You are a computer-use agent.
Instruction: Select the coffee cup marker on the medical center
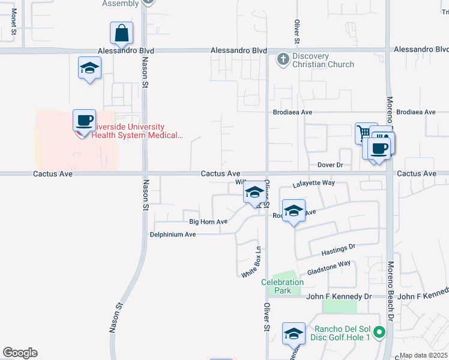coord(85,120)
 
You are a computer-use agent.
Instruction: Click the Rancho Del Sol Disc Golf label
coord(340,332)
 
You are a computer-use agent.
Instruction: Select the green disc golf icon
coord(379,331)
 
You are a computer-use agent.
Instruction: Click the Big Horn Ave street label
coord(208,221)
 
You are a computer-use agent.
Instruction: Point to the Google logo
coord(20,353)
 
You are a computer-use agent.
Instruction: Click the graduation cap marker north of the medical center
coord(89,68)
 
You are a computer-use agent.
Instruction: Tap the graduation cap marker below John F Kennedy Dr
coord(294,334)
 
